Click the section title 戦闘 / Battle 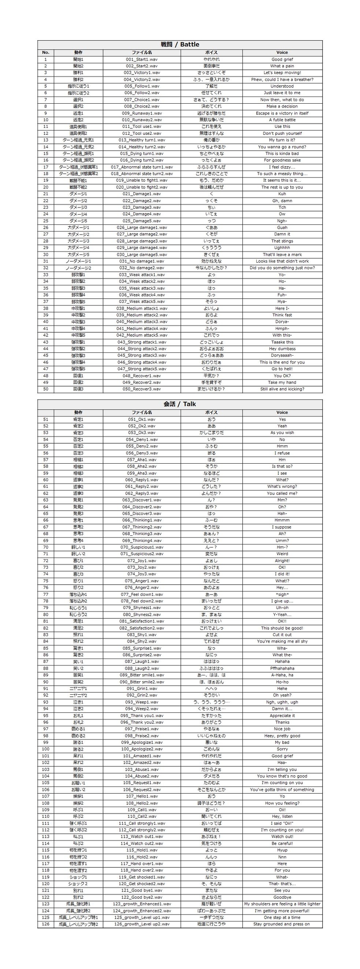pyautogui.click(x=180, y=45)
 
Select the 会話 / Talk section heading pyautogui.click(x=180, y=404)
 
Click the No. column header pyautogui.click(x=46, y=52)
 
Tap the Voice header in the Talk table pyautogui.click(x=282, y=412)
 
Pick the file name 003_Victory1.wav pyautogui.click(x=141, y=73)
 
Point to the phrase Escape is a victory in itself pyautogui.click(x=282, y=113)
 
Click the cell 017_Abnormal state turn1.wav pyautogui.click(x=141, y=167)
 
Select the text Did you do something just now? pyautogui.click(x=282, y=268)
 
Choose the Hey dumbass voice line pyautogui.click(x=282, y=349)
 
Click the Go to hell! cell pyautogui.click(x=282, y=369)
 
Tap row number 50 pyautogui.click(x=46, y=389)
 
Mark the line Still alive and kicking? pyautogui.click(x=282, y=389)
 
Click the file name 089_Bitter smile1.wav pyautogui.click(x=141, y=675)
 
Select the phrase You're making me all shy pyautogui.click(x=282, y=641)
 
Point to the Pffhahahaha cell pyautogui.click(x=282, y=668)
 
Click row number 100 pyautogui.click(x=46, y=749)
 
